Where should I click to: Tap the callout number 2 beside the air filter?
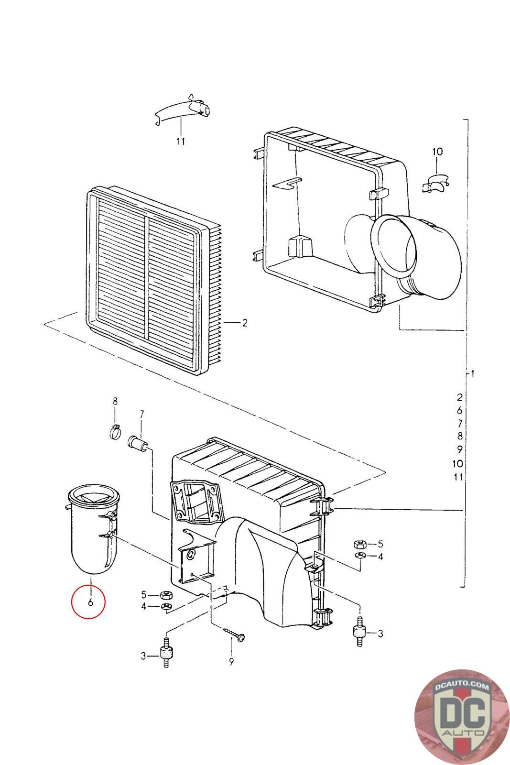coord(244,323)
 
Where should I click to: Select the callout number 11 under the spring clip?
coord(181,141)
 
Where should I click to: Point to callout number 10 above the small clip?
coord(437,152)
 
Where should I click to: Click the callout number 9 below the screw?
coord(231,662)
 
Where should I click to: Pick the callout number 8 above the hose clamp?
coord(115,401)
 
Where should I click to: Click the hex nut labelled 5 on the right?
coord(359,544)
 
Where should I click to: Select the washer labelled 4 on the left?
coord(166,607)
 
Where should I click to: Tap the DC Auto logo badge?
coord(456,713)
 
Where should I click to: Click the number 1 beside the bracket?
coord(472,373)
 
